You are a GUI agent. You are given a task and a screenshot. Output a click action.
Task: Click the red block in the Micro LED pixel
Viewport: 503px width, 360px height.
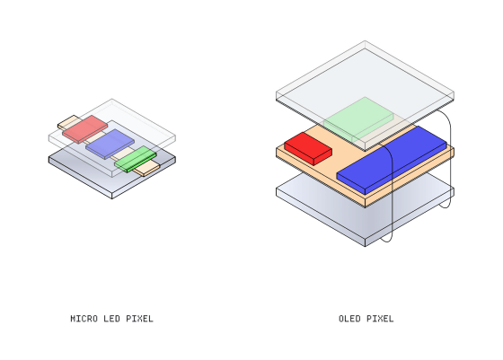pyautogui.click(x=85, y=129)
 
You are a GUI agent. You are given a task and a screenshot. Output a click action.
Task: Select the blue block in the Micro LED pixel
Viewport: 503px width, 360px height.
pyautogui.click(x=110, y=144)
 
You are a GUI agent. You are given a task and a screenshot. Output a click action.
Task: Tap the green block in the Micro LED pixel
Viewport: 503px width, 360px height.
pyautogui.click(x=136, y=159)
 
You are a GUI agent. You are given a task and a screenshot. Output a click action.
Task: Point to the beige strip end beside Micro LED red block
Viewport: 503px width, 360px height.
pyautogui.click(x=68, y=122)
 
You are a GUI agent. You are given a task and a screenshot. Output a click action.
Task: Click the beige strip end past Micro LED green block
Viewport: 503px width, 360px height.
pyautogui.click(x=146, y=169)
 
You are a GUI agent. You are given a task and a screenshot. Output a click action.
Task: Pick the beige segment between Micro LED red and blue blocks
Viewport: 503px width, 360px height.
pyautogui.click(x=94, y=137)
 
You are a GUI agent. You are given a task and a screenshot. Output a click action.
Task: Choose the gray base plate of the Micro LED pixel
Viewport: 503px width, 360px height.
pyautogui.click(x=112, y=175)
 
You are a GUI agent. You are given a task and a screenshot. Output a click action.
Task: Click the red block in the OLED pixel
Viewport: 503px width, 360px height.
pyautogui.click(x=308, y=149)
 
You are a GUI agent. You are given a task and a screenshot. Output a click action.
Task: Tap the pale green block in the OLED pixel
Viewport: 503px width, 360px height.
pyautogui.click(x=358, y=119)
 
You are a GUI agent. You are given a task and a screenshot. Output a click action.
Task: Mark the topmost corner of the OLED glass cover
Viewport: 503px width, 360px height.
pyautogui.click(x=365, y=41)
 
